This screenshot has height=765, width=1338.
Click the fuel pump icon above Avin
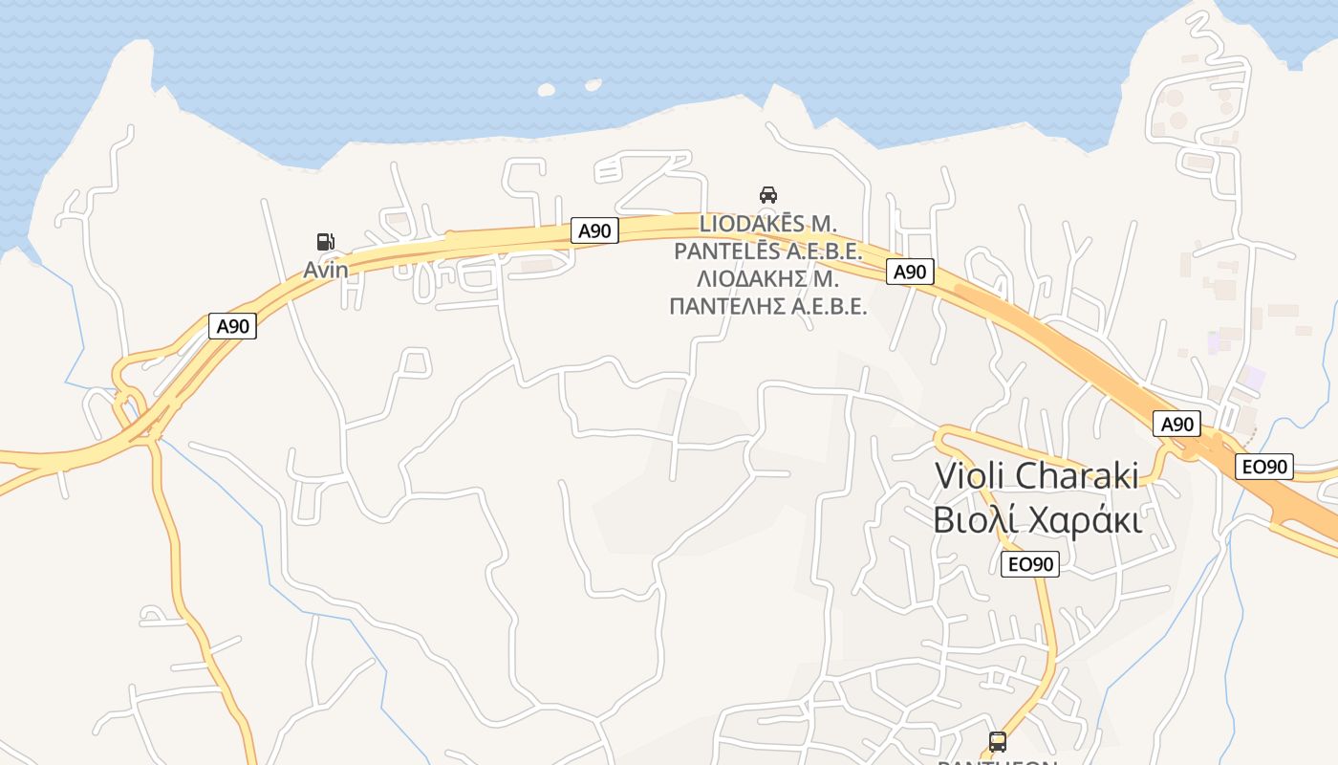326,242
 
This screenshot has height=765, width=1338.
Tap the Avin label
326,270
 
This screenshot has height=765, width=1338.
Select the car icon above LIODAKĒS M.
767,195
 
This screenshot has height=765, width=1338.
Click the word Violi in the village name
968,475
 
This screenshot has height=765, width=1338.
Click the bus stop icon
998,741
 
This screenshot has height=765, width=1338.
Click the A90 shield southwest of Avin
232,326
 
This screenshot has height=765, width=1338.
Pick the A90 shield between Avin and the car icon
594,230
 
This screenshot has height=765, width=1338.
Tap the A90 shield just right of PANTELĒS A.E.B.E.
910,272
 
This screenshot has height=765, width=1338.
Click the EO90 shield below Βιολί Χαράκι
1030,564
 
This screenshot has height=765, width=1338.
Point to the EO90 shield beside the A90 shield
1264,467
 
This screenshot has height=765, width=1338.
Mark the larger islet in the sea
546,90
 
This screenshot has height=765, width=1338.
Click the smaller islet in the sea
593,85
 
